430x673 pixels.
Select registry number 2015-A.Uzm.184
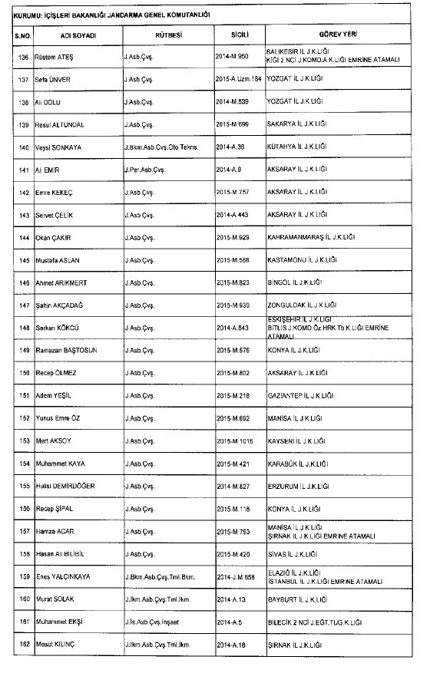[x=239, y=79]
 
